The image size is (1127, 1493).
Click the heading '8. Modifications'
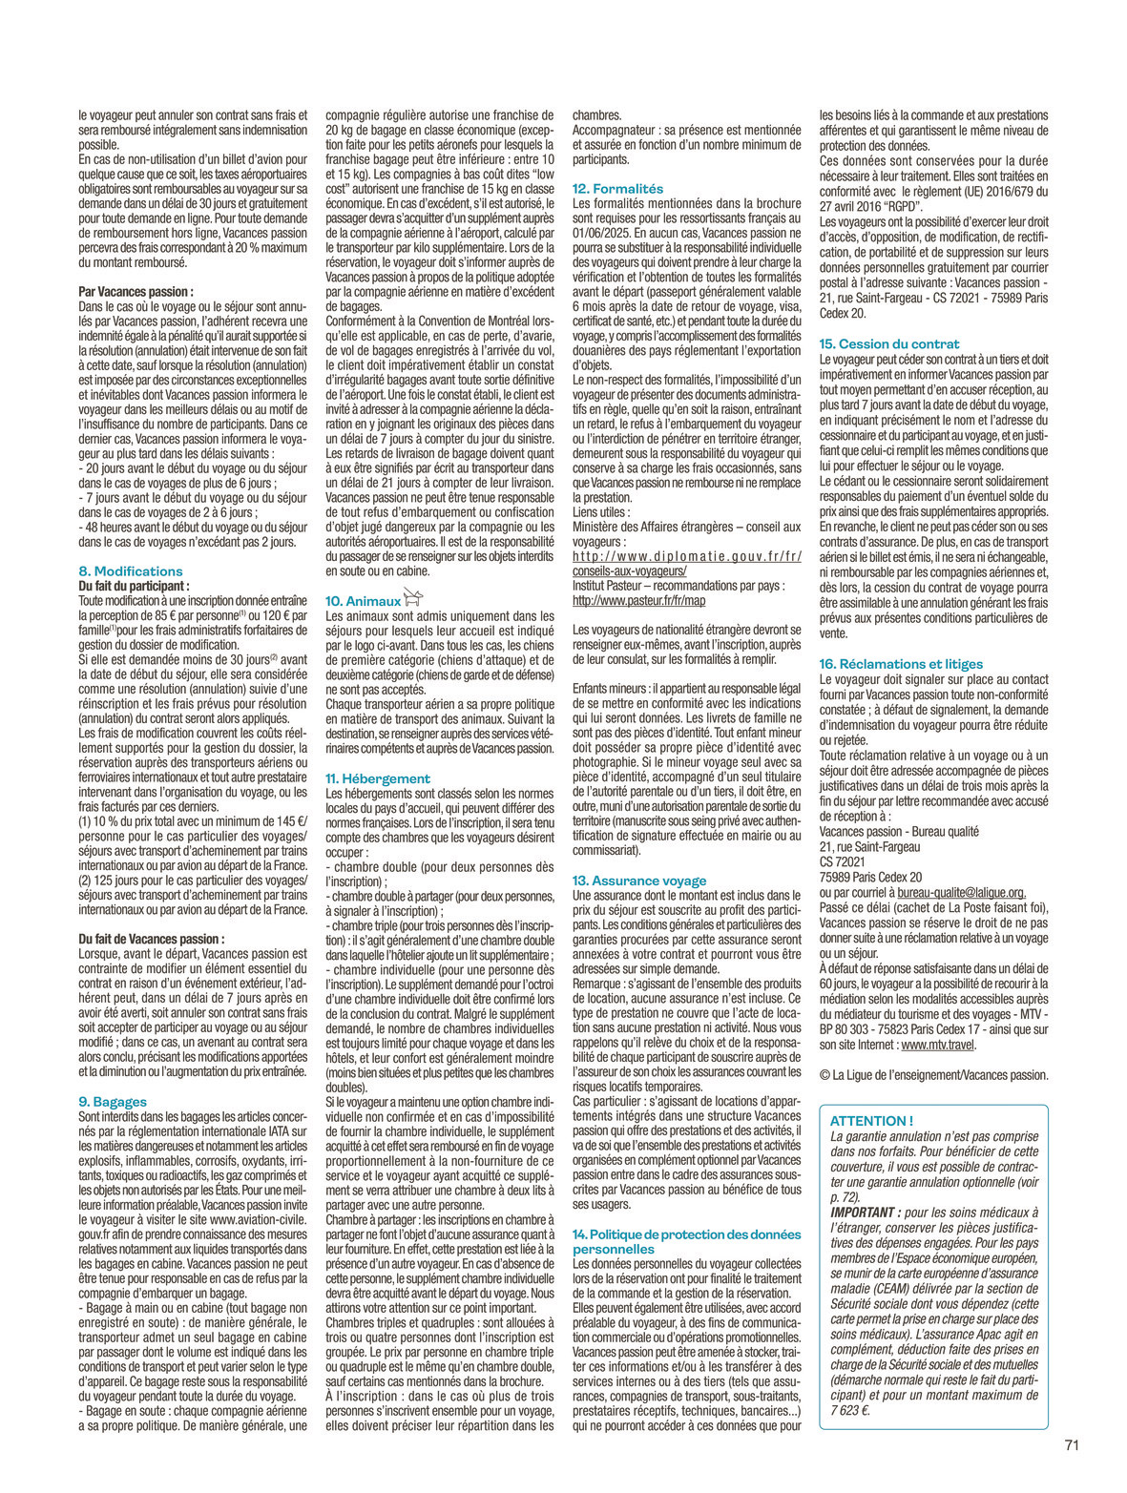coord(130,571)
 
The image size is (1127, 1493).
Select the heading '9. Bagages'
coord(113,1102)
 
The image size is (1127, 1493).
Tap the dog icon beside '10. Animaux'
coord(412,598)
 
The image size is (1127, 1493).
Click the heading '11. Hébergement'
coord(378,778)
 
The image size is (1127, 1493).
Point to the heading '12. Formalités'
coord(617,189)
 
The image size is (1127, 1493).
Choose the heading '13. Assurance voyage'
coord(639,881)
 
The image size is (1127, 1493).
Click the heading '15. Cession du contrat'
coord(889,343)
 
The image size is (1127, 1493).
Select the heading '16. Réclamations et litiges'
coord(901,664)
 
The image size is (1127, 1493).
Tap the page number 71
coord(1072,1445)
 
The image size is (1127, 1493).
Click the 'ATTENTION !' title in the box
coord(871,1121)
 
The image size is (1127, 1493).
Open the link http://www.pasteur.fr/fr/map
coord(638,601)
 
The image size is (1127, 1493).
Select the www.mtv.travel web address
coord(937,1045)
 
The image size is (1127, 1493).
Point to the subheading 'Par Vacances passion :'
coord(136,292)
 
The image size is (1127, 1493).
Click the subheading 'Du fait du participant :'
coord(134,586)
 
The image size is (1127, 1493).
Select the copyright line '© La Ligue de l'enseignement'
coord(933,1075)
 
